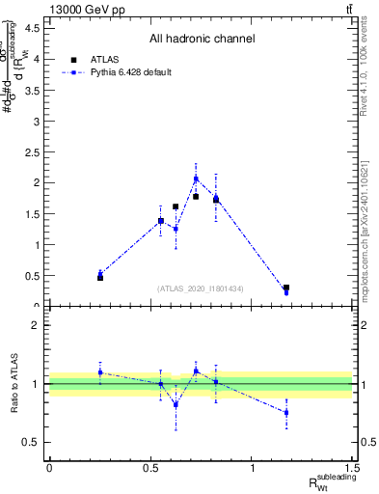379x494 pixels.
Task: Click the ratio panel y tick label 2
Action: point(37,325)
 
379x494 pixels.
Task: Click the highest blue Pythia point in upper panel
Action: point(196,178)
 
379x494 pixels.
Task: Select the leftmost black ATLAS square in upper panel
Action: point(100,278)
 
